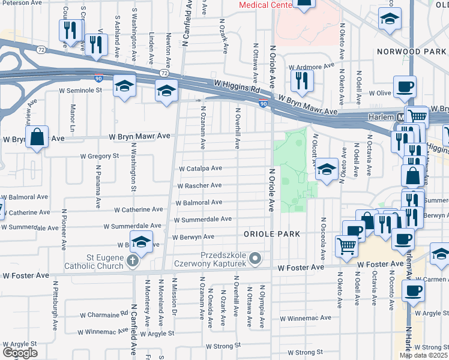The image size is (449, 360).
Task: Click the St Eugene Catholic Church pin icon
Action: tap(133, 261)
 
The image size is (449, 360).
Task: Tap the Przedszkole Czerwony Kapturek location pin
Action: tap(256, 259)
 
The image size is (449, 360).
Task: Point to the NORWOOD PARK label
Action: tap(412, 52)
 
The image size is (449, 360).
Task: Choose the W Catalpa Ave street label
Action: tap(200, 169)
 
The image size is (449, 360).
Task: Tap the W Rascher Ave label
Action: tap(199, 185)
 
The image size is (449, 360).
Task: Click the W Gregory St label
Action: tap(100, 156)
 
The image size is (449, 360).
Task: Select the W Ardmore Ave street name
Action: tap(311, 68)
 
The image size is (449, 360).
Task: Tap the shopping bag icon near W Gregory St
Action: tap(37, 137)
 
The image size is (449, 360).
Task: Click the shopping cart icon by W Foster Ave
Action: tap(346, 245)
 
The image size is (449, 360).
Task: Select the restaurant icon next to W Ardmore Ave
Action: tap(301, 79)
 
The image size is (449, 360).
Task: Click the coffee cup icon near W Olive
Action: tap(404, 85)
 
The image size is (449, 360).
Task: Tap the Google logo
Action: tap(20, 353)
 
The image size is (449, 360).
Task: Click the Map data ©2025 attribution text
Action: tap(423, 355)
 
